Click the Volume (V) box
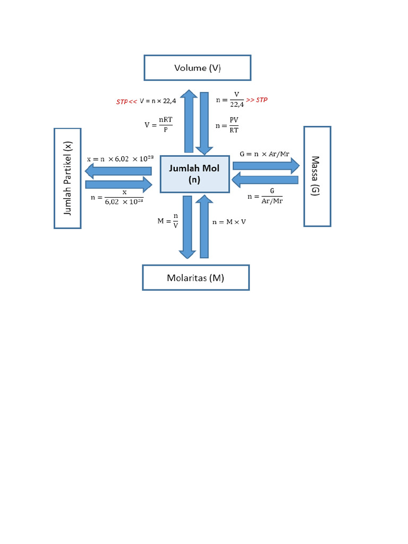pos(197,68)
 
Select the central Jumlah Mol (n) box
pos(194,174)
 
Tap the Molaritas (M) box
pos(195,277)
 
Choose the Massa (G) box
pos(317,176)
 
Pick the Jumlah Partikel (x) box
pos(67,178)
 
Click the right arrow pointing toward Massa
pos(266,165)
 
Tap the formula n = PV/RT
pos(227,126)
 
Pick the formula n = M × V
pos(229,222)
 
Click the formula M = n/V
pos(167,222)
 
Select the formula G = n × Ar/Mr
pos(264,154)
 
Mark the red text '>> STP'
pos(258,100)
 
